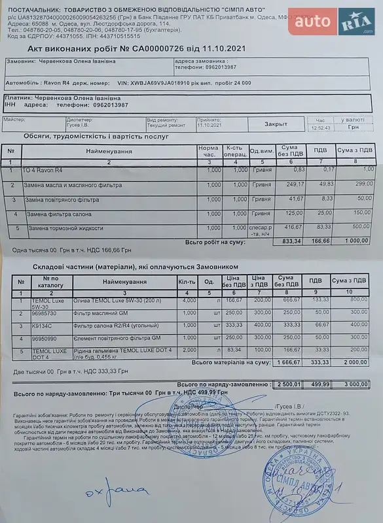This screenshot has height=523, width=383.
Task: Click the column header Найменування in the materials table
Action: [119, 281]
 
